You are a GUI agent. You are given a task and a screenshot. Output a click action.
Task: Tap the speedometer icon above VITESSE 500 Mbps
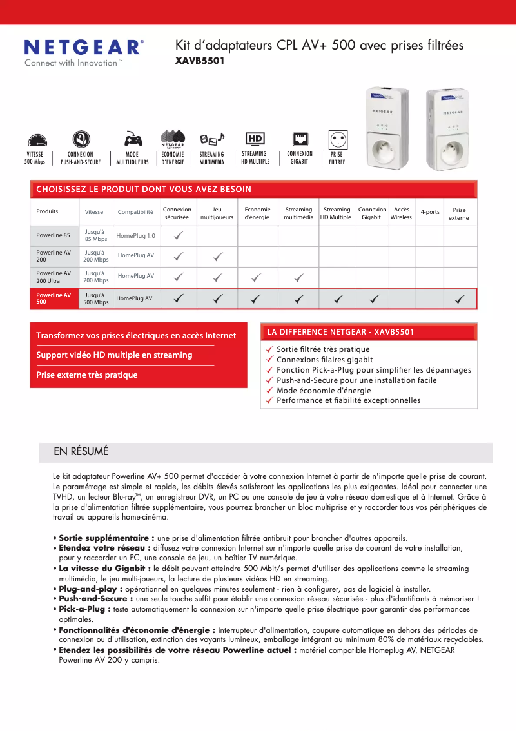click(x=37, y=141)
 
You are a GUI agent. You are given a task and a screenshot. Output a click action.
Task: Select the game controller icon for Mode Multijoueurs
click(x=133, y=139)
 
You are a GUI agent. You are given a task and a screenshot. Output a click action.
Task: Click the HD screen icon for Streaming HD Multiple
click(x=255, y=139)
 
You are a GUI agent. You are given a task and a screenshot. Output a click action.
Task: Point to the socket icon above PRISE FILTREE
click(x=338, y=139)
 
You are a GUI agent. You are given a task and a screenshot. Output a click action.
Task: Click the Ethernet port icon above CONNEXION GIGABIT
click(x=300, y=139)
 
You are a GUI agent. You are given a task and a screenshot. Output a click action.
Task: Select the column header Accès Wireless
click(x=401, y=213)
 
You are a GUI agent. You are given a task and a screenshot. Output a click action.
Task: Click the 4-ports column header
click(x=430, y=212)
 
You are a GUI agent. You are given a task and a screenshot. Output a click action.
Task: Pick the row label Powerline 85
click(x=53, y=235)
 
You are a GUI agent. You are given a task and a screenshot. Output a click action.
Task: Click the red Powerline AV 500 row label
click(x=54, y=298)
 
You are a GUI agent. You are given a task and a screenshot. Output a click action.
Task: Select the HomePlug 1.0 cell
click(x=135, y=236)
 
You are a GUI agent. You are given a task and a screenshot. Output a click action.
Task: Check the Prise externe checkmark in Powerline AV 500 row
click(x=460, y=298)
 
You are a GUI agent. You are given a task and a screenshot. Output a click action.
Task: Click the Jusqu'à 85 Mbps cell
click(x=96, y=235)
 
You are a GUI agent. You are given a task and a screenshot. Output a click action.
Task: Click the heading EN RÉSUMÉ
click(x=81, y=451)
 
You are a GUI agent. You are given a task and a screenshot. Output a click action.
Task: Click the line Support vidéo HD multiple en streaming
click(x=114, y=355)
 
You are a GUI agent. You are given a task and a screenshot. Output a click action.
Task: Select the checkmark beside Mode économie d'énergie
click(x=271, y=391)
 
